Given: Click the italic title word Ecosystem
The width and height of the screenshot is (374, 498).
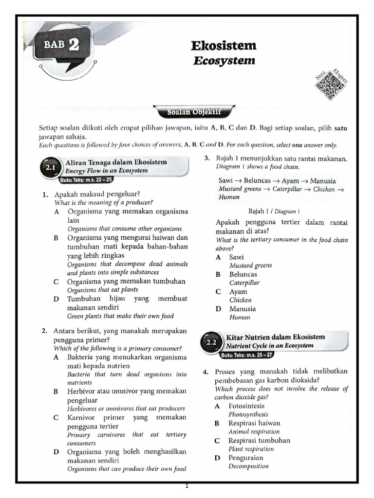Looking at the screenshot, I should coord(224,61).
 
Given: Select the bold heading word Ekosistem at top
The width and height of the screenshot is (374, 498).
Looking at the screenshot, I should coord(224,46).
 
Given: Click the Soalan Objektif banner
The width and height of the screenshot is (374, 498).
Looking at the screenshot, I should coord(194,111).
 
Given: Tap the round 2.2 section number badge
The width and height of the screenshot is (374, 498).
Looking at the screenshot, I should coord(211,342).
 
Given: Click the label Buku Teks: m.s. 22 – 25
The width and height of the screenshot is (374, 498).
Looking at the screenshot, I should coord(86,180).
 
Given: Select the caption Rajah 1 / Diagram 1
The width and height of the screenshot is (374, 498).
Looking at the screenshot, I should coord(274,211).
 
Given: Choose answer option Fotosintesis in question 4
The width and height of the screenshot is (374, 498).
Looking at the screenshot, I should coord(247,406).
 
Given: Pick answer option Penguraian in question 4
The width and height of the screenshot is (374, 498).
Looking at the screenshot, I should coord(246,458).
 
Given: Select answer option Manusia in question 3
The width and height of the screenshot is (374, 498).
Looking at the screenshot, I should coord(243,309).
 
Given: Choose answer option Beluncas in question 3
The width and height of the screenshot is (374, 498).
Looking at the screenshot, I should coord(243,274).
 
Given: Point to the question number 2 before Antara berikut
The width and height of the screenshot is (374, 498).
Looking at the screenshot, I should coord(44,331).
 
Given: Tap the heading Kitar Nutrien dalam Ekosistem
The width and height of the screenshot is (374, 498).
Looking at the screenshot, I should coord(276,337).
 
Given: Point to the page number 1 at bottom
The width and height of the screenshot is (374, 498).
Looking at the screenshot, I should coord(187,487).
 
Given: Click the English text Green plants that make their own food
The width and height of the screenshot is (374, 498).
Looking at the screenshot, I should coord(120,316).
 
